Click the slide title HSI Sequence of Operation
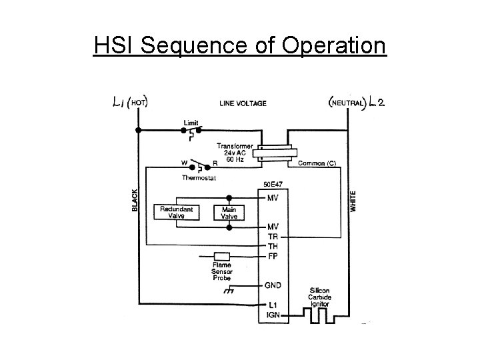(240, 46)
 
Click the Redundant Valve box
(177, 213)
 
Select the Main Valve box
(229, 213)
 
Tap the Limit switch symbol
(191, 132)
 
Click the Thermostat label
(199, 177)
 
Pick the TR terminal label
(273, 237)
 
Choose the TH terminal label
(273, 246)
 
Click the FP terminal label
(273, 255)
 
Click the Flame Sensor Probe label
(222, 271)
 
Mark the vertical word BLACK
(135, 200)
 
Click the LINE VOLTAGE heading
(243, 103)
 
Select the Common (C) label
(317, 163)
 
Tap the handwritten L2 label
(376, 103)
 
